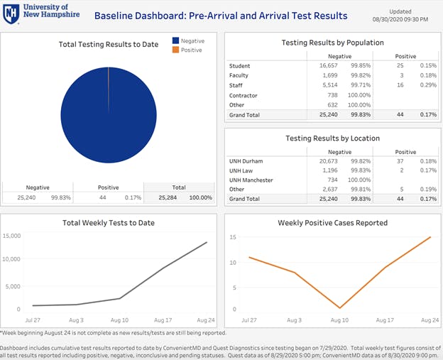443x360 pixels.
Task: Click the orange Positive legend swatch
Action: (176, 50)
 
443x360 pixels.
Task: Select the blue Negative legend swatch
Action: (176, 41)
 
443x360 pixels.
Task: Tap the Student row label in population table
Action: (239, 65)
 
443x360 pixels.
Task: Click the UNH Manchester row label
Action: (251, 180)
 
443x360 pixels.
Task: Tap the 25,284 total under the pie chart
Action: (168, 197)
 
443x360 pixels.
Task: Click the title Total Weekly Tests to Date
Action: (108, 223)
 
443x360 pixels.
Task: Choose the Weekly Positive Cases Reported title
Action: (332, 223)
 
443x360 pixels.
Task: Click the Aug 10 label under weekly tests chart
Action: (119, 321)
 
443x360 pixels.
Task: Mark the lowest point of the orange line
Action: (340, 308)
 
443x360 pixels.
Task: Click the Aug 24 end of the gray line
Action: (207, 242)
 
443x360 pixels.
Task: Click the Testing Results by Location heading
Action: (332, 138)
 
